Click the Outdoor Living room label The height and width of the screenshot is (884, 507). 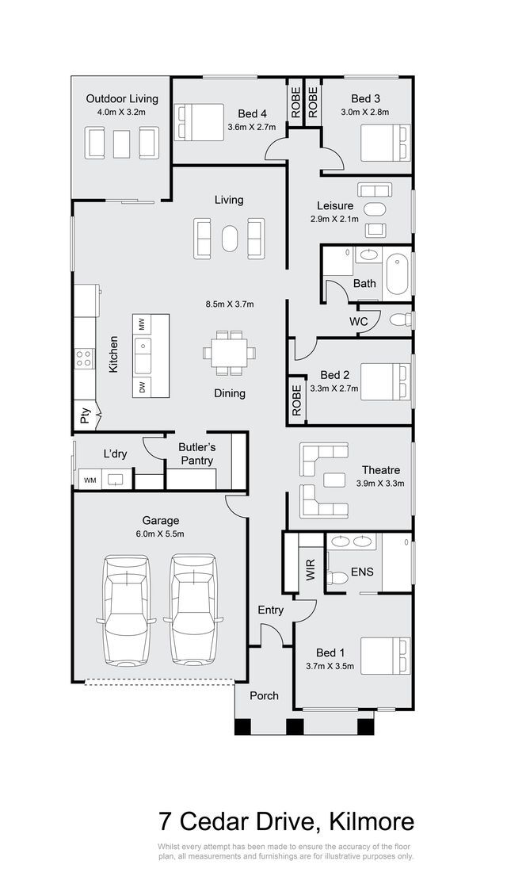(122, 98)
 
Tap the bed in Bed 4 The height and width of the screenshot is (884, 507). (200, 122)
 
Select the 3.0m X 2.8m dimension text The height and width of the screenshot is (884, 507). (364, 112)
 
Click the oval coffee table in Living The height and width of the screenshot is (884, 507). (229, 239)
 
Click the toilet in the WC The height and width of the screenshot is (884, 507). (401, 320)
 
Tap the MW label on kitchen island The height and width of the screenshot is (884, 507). (143, 324)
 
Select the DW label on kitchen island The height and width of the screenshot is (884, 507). (143, 387)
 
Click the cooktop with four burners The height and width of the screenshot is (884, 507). (85, 358)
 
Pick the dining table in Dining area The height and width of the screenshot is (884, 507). (229, 353)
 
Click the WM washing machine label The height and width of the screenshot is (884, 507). (90, 480)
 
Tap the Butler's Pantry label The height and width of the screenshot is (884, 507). (196, 453)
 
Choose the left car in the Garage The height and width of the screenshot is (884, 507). (127, 610)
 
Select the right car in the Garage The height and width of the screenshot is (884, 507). (194, 610)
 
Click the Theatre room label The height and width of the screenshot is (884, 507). (381, 469)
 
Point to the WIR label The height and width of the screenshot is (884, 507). (311, 570)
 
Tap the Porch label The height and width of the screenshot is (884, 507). (265, 695)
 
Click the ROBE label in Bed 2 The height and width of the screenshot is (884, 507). (297, 400)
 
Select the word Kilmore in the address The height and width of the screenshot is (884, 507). (371, 821)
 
